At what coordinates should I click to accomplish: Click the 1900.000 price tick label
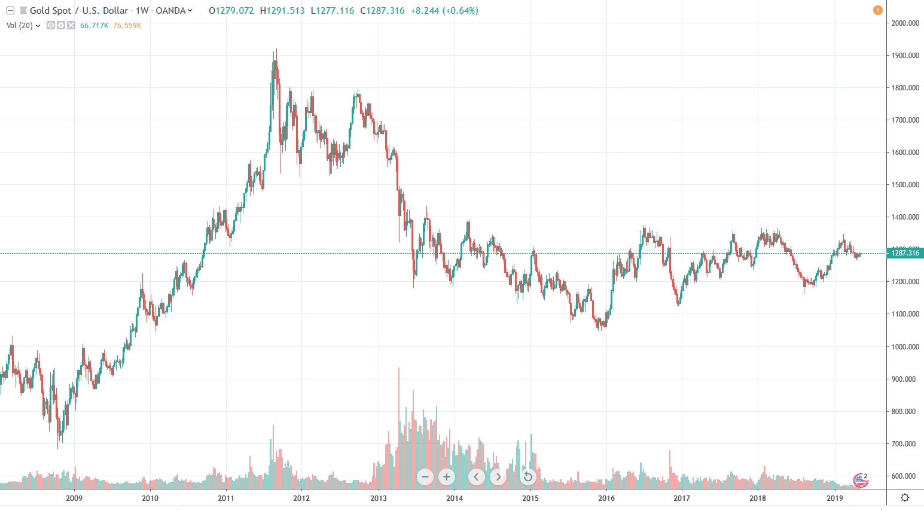click(x=905, y=56)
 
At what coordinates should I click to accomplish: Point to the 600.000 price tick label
click(x=905, y=476)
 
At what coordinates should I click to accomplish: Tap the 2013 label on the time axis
click(x=378, y=498)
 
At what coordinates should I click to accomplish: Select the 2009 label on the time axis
click(x=74, y=498)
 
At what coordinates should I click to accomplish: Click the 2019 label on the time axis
click(x=834, y=498)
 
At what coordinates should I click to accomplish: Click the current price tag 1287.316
click(x=905, y=253)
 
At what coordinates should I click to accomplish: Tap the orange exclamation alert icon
click(x=877, y=10)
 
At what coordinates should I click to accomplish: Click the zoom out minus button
click(x=425, y=477)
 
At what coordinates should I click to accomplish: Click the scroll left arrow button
click(x=476, y=477)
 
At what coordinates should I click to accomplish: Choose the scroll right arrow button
click(x=498, y=477)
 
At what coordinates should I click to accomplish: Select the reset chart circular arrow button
click(x=527, y=477)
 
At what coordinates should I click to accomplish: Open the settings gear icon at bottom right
click(x=905, y=498)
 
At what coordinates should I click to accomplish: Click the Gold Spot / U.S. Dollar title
click(x=79, y=11)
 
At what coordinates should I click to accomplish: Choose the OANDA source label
click(x=170, y=11)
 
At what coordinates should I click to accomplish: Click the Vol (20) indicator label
click(x=20, y=26)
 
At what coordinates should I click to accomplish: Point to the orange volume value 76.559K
click(x=127, y=26)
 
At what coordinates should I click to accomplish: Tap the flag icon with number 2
click(x=860, y=479)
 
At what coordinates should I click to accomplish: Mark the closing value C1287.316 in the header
click(x=382, y=11)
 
